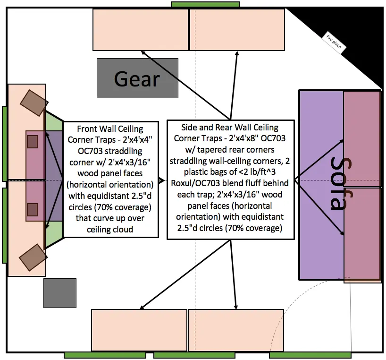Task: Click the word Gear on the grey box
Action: [x=137, y=79]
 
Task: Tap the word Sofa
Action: [x=341, y=183]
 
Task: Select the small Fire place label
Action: [x=334, y=43]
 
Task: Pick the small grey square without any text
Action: [x=60, y=293]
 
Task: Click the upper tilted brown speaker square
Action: [x=34, y=103]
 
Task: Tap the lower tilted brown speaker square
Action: [x=33, y=257]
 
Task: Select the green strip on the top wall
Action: [x=205, y=4]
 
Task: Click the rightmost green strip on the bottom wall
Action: [x=310, y=355]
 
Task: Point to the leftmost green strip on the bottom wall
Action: [x=105, y=355]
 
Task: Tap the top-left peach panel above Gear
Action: [x=141, y=30]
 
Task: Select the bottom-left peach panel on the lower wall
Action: [x=139, y=330]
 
